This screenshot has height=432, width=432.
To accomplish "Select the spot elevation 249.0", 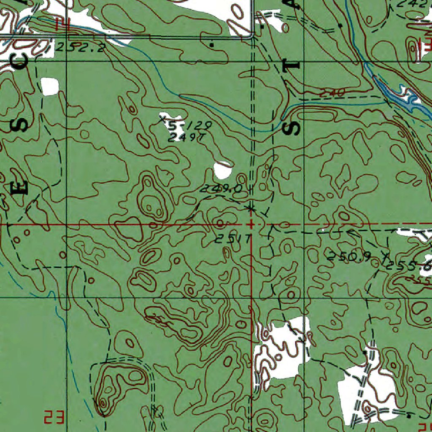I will coord(221,189).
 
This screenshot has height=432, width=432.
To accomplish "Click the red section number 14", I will coord(63,24).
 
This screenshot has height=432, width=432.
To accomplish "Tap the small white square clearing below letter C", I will coord(50,86).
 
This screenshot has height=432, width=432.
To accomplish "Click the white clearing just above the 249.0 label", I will coord(222,170).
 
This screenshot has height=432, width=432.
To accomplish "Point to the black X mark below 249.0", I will coord(251,208).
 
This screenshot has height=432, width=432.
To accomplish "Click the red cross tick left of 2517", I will coord(251,224).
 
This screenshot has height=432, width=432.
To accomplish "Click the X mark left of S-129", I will coord(162,120).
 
